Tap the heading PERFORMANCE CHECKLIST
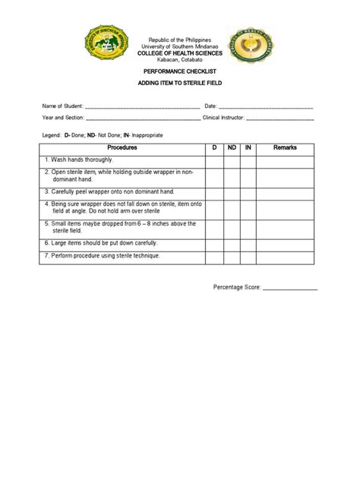(x=179, y=70)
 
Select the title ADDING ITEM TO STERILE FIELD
(x=179, y=83)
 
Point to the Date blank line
(x=266, y=107)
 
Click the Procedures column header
(x=122, y=147)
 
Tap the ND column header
(x=231, y=147)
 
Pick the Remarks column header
(x=285, y=147)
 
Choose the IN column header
(x=248, y=147)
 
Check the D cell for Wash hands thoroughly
(x=214, y=160)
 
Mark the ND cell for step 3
(x=231, y=192)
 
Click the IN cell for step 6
(x=248, y=243)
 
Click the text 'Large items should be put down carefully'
(x=104, y=243)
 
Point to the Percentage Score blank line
(x=289, y=289)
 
